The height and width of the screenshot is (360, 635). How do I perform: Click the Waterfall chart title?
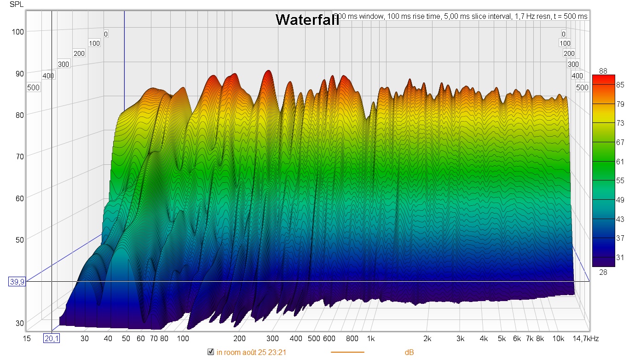[x=307, y=20]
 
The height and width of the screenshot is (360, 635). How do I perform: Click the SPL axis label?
[x=15, y=5]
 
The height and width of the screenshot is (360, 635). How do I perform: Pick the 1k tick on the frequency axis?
[x=371, y=339]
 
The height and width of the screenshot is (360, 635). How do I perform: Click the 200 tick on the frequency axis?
[x=239, y=339]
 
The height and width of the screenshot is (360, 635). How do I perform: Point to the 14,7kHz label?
[x=586, y=339]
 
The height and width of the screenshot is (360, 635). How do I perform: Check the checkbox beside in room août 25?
[x=211, y=352]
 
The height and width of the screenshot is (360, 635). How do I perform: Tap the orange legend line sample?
[x=347, y=353]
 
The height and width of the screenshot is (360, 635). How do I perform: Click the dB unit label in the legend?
[x=409, y=353]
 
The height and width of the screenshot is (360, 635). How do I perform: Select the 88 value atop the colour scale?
[x=603, y=70]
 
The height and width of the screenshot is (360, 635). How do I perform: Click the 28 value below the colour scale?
[x=603, y=272]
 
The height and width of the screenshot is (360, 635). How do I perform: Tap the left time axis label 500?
[x=33, y=87]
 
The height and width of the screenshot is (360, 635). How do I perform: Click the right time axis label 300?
[x=573, y=64]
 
